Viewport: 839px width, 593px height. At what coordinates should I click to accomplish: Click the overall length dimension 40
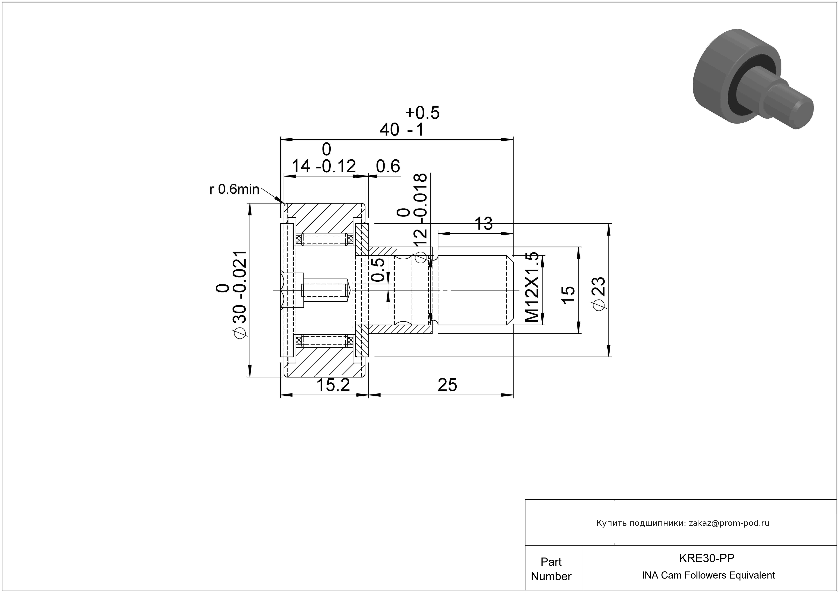(389, 130)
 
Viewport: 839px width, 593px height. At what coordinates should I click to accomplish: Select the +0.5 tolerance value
(422, 113)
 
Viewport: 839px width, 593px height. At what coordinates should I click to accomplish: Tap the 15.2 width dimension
(333, 385)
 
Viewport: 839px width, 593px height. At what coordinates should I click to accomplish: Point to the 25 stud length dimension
(447, 385)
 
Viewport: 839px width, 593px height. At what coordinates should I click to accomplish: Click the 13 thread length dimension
(483, 224)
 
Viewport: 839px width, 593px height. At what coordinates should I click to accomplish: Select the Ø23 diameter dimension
(600, 294)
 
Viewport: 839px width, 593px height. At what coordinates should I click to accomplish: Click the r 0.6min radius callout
(234, 189)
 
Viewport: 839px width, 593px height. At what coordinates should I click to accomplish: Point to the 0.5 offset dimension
(378, 270)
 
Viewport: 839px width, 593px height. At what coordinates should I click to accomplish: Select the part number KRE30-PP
(706, 558)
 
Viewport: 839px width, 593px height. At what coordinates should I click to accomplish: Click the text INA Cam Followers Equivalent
(708, 575)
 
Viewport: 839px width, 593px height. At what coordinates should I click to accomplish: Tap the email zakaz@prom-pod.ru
(729, 523)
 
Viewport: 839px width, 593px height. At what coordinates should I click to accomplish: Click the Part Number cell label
(551, 569)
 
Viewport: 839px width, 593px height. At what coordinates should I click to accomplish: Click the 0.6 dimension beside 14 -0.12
(388, 167)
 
